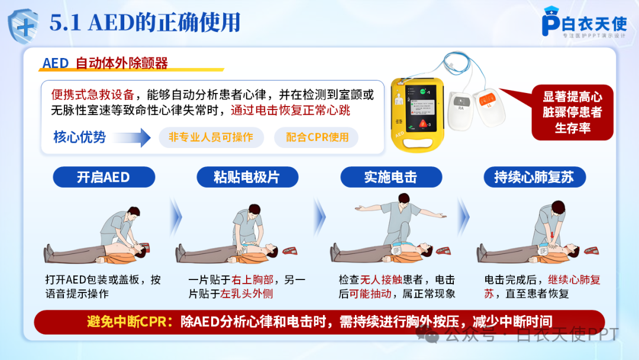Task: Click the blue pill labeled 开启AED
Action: (x=104, y=177)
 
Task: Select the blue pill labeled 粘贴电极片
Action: (x=247, y=177)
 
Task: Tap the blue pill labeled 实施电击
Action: (x=391, y=177)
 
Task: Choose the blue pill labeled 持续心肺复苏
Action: (x=535, y=177)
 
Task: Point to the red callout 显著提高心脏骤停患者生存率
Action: (x=572, y=112)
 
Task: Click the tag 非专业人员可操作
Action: (x=211, y=137)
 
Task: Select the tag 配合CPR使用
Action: (x=317, y=137)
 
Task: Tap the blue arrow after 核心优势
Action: (x=131, y=137)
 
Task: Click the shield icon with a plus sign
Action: (x=23, y=25)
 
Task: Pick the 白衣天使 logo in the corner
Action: (x=585, y=22)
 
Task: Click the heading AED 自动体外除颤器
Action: (x=105, y=63)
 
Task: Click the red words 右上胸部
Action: (x=252, y=279)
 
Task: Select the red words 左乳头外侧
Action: (x=246, y=294)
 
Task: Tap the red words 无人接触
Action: (x=381, y=279)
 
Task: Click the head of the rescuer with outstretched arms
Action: (x=404, y=200)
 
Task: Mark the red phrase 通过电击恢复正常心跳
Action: (x=290, y=110)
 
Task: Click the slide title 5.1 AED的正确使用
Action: (x=145, y=22)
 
